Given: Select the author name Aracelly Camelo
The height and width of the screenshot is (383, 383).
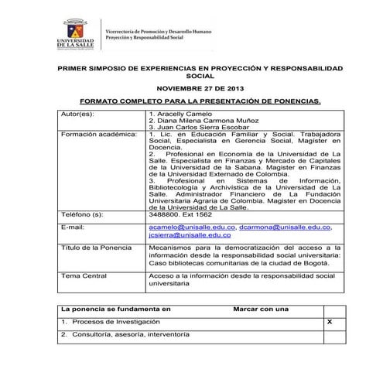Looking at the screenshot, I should [x=179, y=114].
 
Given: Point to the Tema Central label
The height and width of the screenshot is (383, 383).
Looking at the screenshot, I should [x=84, y=275].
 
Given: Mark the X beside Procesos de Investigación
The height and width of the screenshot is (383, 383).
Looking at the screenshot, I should [x=330, y=320].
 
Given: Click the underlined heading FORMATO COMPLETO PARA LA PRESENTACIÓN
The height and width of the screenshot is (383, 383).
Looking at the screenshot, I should [x=200, y=101].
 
